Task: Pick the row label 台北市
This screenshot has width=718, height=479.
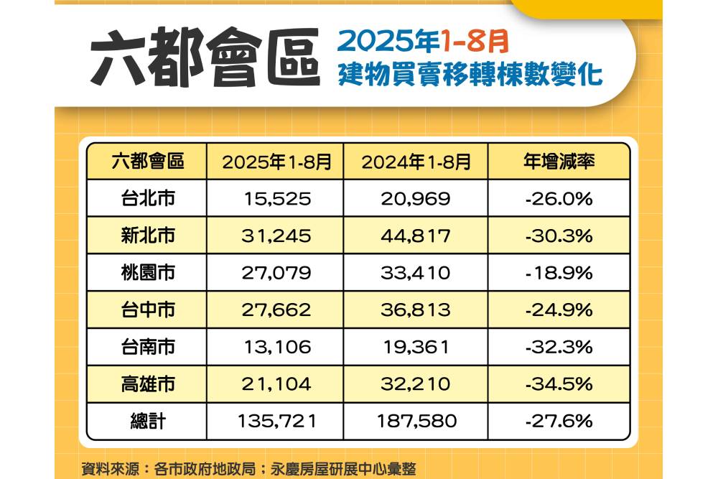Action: pyautogui.click(x=147, y=198)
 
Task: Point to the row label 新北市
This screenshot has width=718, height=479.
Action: pyautogui.click(x=147, y=236)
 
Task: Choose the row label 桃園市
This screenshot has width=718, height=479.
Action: pyautogui.click(x=147, y=273)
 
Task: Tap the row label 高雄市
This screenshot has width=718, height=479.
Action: pyautogui.click(x=147, y=384)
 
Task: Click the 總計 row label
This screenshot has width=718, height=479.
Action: pyautogui.click(x=147, y=421)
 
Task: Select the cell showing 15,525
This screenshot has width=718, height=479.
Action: pyautogui.click(x=277, y=198)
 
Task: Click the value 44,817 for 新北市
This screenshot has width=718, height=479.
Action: pyautogui.click(x=416, y=236)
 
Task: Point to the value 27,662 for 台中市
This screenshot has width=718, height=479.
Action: pyautogui.click(x=277, y=310)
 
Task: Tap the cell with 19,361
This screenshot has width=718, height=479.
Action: pyautogui.click(x=416, y=348)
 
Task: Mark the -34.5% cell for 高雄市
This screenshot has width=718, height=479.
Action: pyautogui.click(x=559, y=384)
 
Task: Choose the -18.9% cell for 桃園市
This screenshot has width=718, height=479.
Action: pyautogui.click(x=559, y=273)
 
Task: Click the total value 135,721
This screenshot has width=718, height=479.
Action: pyautogui.click(x=277, y=421)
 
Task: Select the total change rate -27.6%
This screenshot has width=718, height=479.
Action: pyautogui.click(x=559, y=421)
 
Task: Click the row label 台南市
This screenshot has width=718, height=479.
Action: pyautogui.click(x=147, y=348)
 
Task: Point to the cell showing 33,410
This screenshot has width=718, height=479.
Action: pyautogui.click(x=416, y=273)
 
